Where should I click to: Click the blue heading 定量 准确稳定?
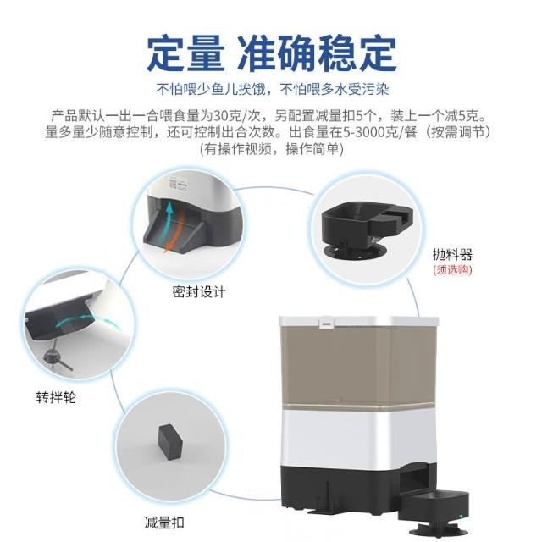click(272, 53)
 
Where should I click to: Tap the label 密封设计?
click(199, 291)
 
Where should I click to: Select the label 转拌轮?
click(56, 397)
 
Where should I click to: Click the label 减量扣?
click(164, 523)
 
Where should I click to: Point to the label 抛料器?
click(452, 255)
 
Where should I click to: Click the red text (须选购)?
click(452, 269)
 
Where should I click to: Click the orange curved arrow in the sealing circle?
click(176, 230)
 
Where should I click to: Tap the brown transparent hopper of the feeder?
click(357, 367)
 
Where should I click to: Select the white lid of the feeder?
click(358, 321)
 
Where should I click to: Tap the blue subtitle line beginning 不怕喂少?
click(273, 89)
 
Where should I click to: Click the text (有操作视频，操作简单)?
click(272, 149)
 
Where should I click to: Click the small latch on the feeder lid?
click(326, 324)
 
